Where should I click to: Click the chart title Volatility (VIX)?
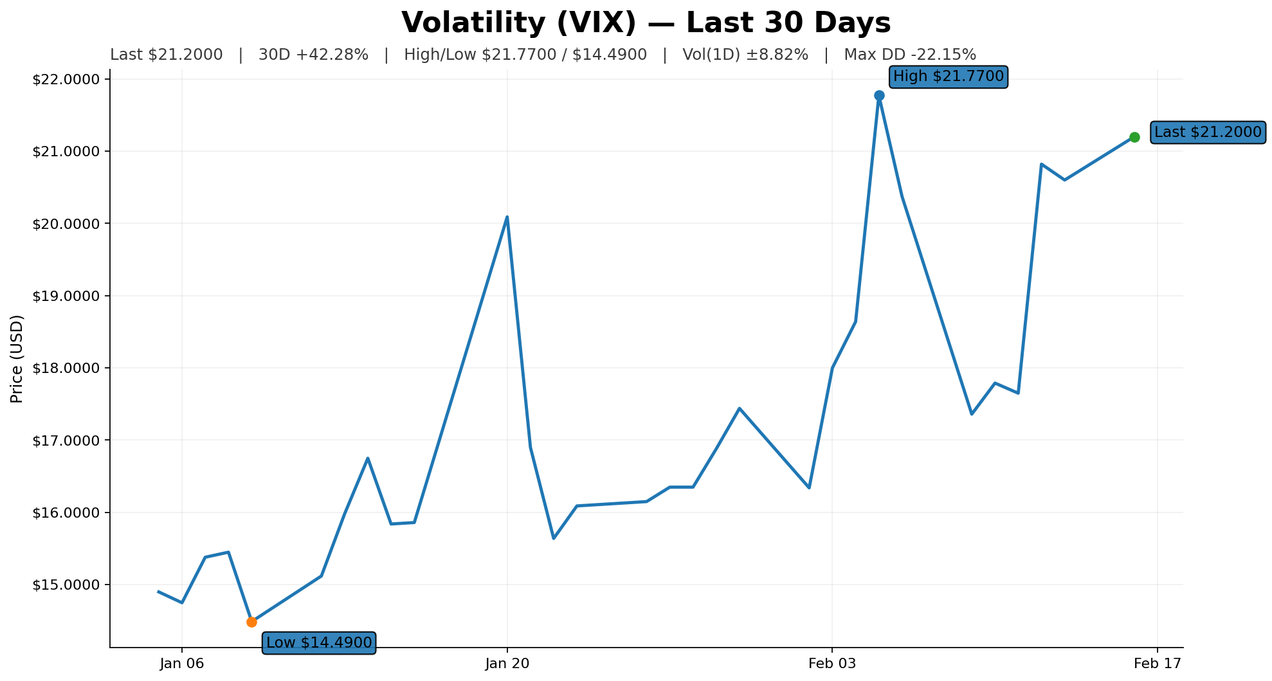pos(646,23)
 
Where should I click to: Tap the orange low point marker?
pos(251,622)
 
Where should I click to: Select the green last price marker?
pos(1134,137)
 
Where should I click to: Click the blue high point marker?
pos(879,95)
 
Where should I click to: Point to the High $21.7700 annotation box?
pos(948,77)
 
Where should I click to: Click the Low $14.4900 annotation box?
pos(319,642)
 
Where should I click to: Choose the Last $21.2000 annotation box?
pos(1208,132)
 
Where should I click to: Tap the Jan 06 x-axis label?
pos(182,664)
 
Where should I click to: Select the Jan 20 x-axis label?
pos(507,664)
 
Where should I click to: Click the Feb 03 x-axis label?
pos(832,664)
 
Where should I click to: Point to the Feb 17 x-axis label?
pos(1158,664)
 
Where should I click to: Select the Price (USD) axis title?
pos(17,359)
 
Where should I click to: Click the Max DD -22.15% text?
pos(910,55)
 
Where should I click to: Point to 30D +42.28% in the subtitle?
pos(313,55)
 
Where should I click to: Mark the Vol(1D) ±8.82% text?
pos(745,55)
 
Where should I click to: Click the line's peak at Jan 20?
pos(507,217)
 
